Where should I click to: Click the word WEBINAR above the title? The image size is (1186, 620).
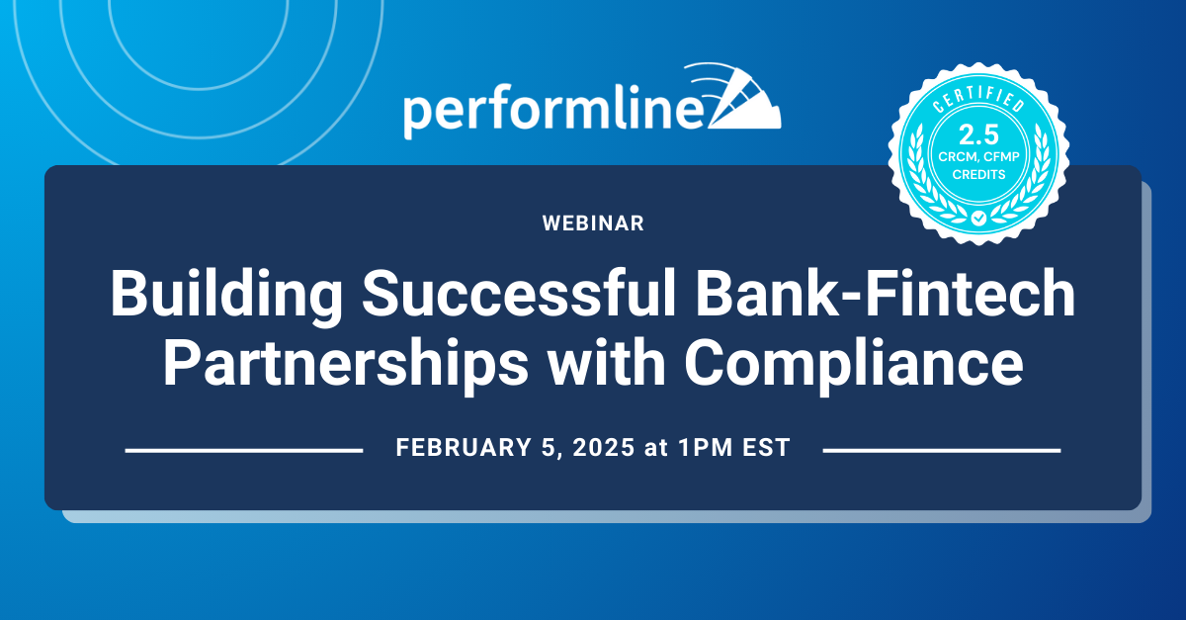point(593,223)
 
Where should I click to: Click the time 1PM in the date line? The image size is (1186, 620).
point(701,448)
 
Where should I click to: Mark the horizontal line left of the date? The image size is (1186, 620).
point(244,450)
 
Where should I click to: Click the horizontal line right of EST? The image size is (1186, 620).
point(941,450)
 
